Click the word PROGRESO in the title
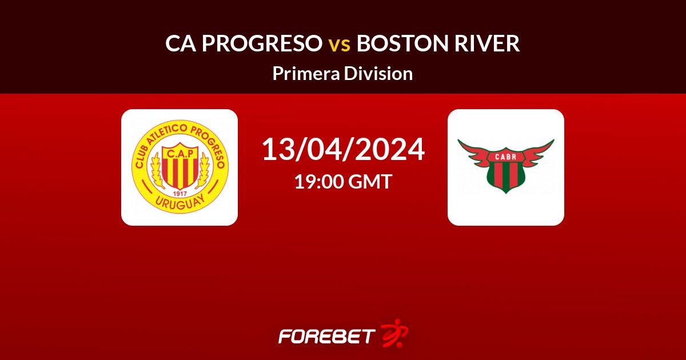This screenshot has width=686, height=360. [x=262, y=43]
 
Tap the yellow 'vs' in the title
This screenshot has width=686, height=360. [x=340, y=45]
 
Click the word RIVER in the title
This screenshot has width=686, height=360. [x=487, y=43]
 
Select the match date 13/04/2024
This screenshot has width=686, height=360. [x=343, y=149]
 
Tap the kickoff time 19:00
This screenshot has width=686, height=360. [x=319, y=181]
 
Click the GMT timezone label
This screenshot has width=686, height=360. [x=370, y=181]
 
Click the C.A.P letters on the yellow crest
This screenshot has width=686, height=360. [x=180, y=153]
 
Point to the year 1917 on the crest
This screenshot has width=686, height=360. [x=180, y=194]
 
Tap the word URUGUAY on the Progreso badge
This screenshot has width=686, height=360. [x=180, y=203]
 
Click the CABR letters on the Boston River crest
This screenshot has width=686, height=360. [x=505, y=157]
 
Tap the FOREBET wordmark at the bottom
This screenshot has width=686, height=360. [x=327, y=336]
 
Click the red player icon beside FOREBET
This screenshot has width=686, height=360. [x=394, y=334]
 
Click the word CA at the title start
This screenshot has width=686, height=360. [x=181, y=43]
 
